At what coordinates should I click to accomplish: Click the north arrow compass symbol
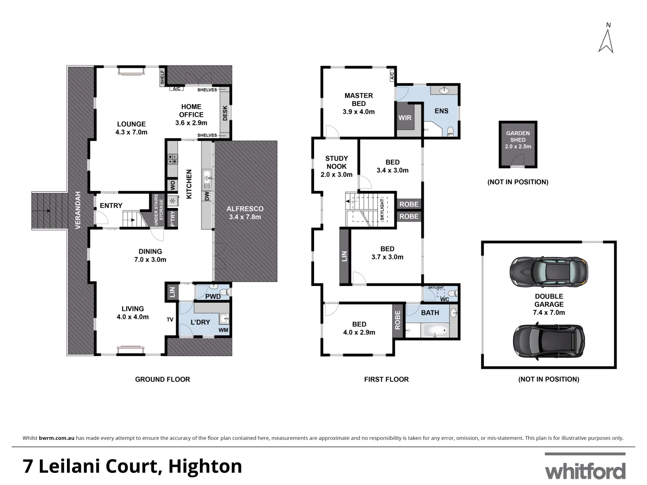(606, 39)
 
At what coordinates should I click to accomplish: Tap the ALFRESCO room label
(245, 212)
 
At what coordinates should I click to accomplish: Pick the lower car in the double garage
(549, 340)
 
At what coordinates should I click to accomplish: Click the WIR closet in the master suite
(405, 118)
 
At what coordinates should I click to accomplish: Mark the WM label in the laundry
(223, 330)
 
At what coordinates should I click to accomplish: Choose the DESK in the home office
(225, 113)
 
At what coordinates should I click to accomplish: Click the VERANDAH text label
(78, 210)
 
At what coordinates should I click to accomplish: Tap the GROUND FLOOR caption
(162, 379)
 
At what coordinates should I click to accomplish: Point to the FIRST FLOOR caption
(386, 379)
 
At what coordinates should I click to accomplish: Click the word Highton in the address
(205, 467)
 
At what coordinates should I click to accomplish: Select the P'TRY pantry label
(173, 219)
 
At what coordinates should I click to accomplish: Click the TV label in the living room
(170, 320)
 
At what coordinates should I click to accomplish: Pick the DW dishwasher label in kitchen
(207, 196)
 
